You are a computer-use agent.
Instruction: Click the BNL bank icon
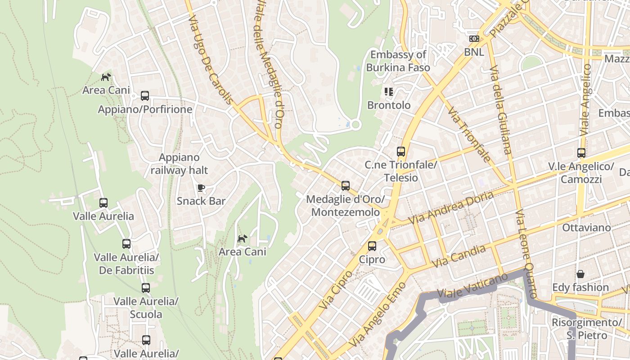474,39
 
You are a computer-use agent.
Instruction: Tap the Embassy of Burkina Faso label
398,61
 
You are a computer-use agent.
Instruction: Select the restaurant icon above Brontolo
389,92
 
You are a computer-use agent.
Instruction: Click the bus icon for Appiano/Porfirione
145,96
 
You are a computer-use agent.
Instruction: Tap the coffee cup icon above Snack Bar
201,188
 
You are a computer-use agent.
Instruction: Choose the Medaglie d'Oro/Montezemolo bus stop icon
345,185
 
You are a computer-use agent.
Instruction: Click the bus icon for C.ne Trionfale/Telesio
400,152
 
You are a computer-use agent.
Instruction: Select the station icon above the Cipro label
372,246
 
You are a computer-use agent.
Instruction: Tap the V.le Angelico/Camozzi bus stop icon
581,153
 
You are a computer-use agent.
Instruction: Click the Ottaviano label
586,227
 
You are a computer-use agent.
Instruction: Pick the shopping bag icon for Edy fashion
580,274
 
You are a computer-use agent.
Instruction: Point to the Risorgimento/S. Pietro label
586,329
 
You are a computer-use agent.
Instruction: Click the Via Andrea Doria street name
451,207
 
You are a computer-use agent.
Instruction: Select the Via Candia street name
459,256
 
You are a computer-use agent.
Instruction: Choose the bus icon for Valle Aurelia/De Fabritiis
126,244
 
